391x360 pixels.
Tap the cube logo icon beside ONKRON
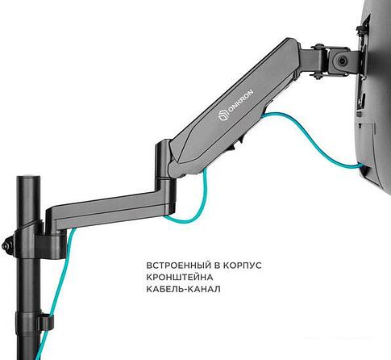point(223,117)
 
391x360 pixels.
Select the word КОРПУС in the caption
point(243,266)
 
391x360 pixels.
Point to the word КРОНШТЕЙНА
point(180,277)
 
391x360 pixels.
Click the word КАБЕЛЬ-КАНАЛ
point(184,289)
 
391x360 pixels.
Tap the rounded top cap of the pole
point(28,178)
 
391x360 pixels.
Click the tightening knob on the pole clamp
point(6,245)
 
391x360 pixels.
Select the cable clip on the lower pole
point(46,322)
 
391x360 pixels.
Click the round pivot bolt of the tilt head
point(342,61)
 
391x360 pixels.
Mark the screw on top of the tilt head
point(319,47)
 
